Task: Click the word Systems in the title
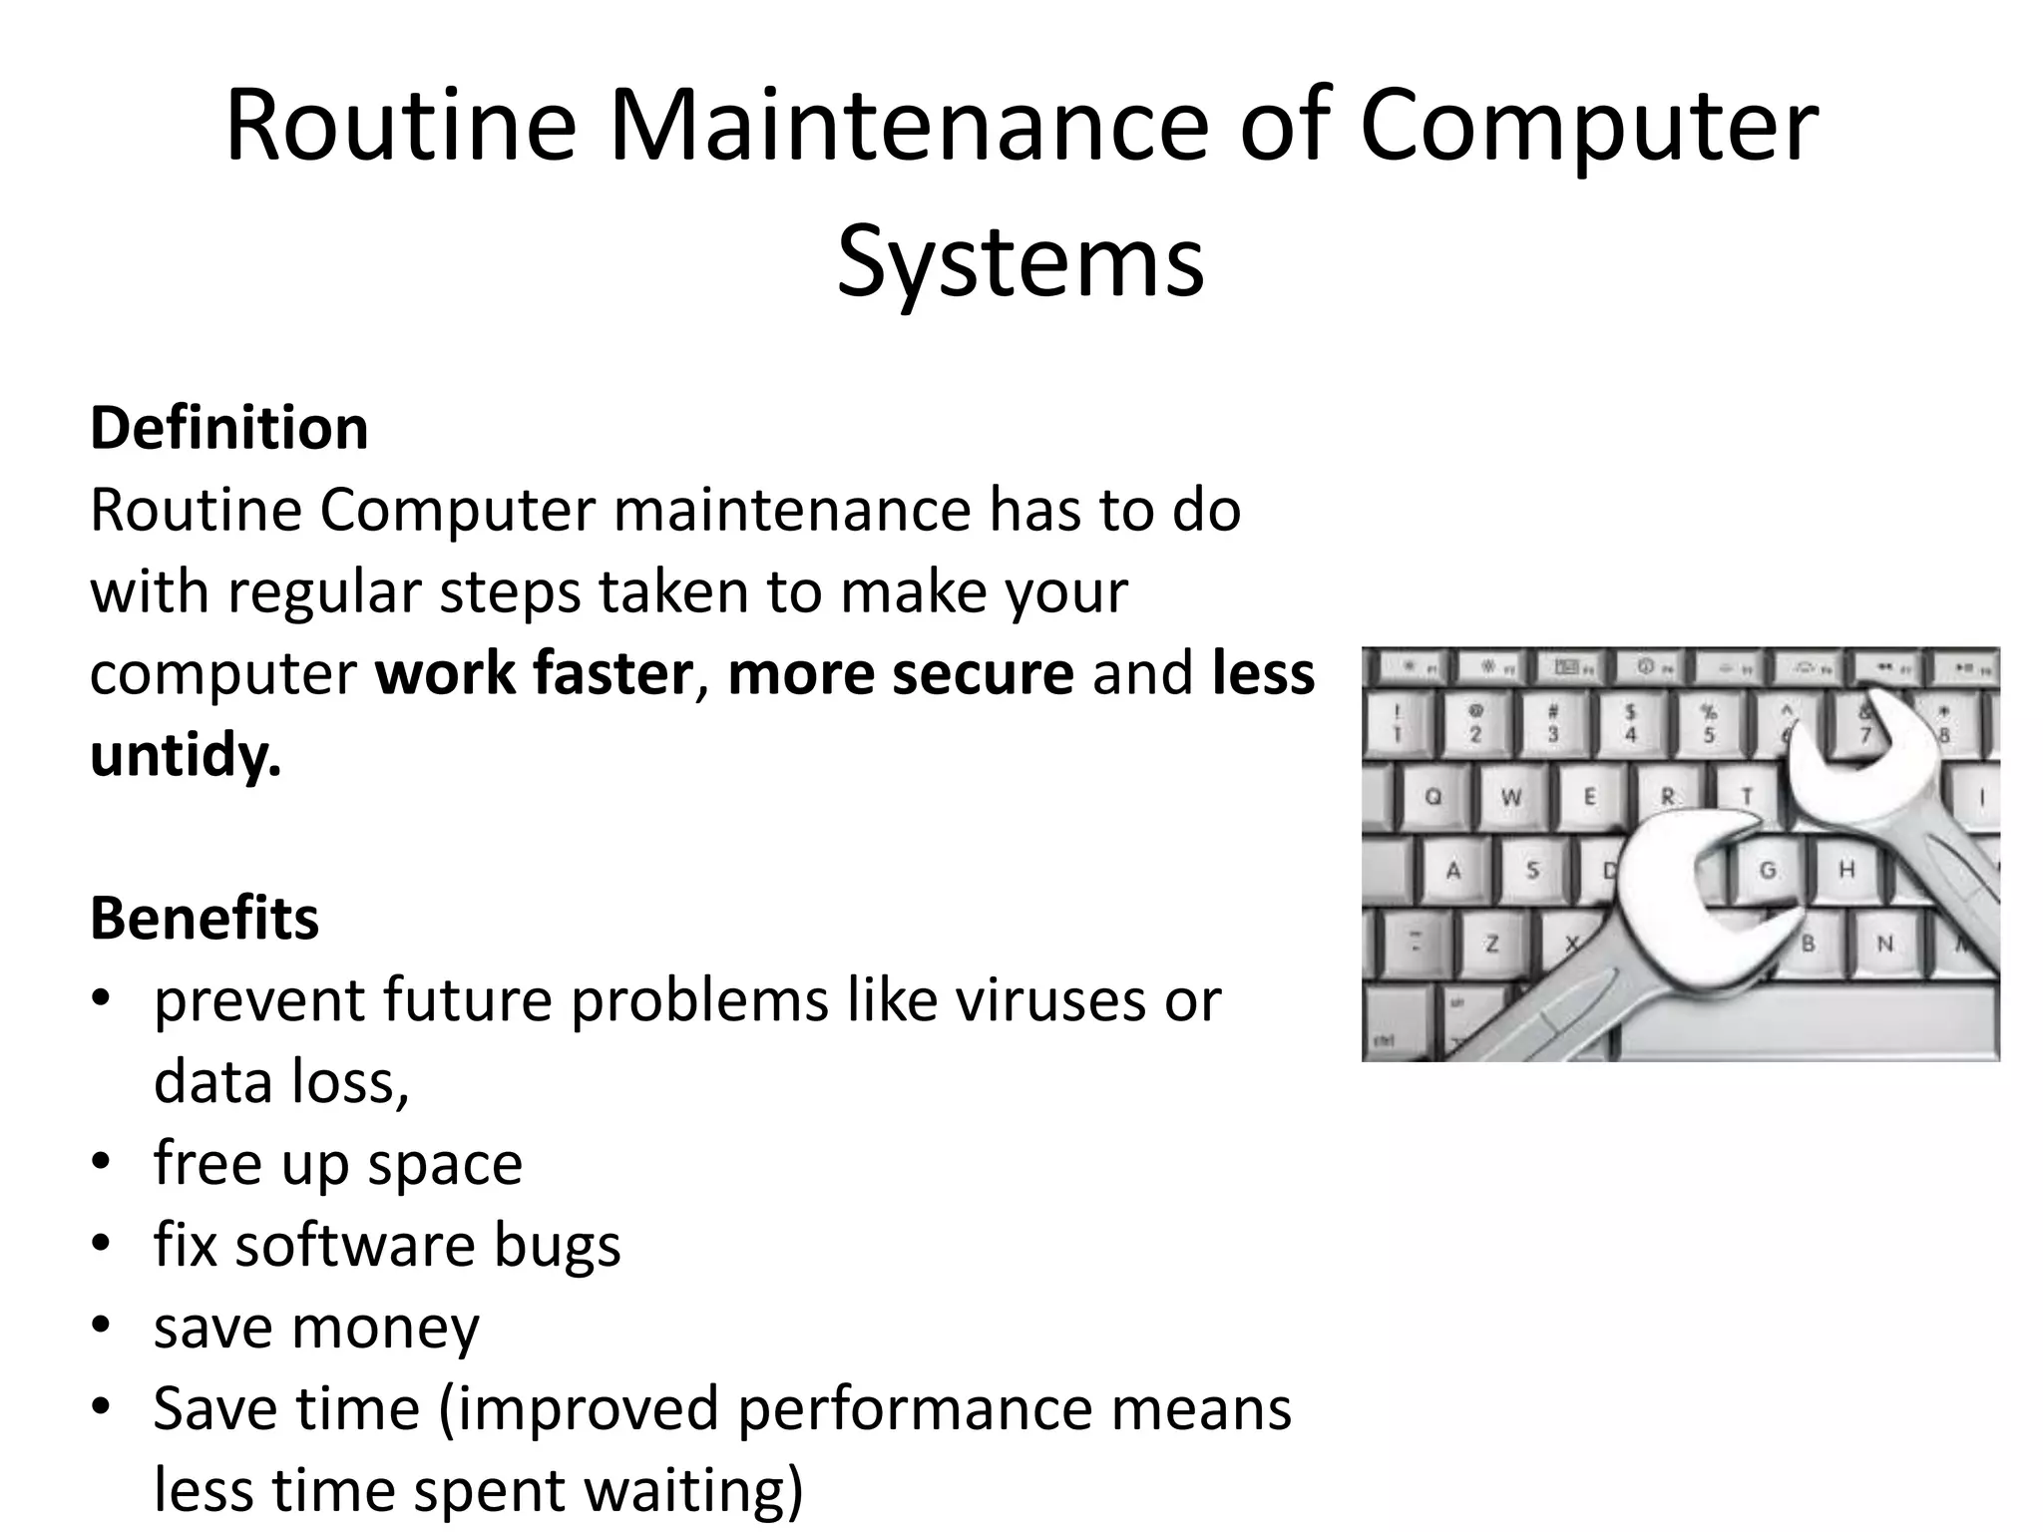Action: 1021,262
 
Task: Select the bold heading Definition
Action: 229,428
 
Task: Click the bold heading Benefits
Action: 204,918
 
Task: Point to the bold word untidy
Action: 186,755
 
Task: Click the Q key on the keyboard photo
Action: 1433,798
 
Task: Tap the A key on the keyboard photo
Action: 1453,871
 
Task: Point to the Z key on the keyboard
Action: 1492,944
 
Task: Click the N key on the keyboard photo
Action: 1885,944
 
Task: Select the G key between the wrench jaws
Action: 1767,871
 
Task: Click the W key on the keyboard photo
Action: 1511,798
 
